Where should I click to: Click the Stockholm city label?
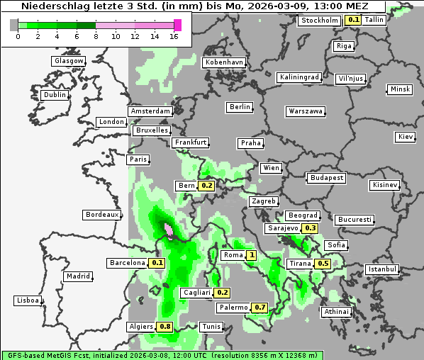[x=319, y=21]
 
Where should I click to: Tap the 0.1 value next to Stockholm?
[x=353, y=21]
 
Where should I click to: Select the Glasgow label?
[x=68, y=61]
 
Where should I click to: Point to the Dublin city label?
[x=55, y=95]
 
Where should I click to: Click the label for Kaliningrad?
[x=299, y=77]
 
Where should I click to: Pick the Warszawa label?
[x=306, y=111]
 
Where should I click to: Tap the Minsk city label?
[x=400, y=89]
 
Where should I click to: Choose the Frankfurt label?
[x=191, y=142]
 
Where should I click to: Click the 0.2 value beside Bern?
[x=207, y=186]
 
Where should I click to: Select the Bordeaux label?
[x=101, y=215]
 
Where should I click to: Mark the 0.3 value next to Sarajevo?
[x=311, y=228]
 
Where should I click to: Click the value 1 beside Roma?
[x=251, y=255]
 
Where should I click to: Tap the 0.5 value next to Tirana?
[x=323, y=264]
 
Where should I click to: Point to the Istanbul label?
[x=382, y=269]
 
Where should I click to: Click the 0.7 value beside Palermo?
[x=260, y=308]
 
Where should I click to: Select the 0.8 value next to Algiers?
[x=165, y=327]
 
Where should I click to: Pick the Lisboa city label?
[x=26, y=300]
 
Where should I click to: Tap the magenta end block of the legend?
[x=177, y=25]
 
